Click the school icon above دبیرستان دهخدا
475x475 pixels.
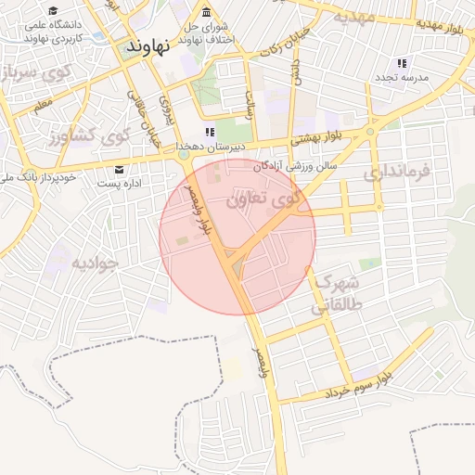pyautogui.click(x=211, y=133)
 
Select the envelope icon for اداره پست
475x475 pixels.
pyautogui.click(x=120, y=170)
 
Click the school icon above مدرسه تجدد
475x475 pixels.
pyautogui.click(x=402, y=64)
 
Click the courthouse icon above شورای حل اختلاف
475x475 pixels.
pyautogui.click(x=205, y=13)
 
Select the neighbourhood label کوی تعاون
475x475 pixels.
pyautogui.click(x=263, y=197)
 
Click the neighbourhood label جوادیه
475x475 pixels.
pyautogui.click(x=96, y=263)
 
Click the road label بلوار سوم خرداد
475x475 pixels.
pyautogui.click(x=362, y=388)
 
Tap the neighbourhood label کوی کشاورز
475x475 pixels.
pyautogui.click(x=88, y=137)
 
